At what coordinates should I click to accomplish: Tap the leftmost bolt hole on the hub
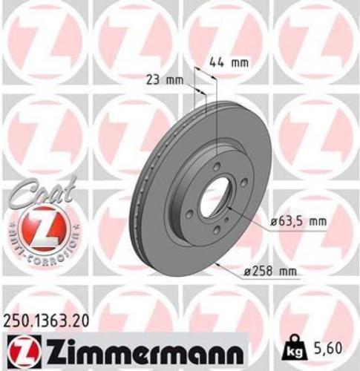[x=192, y=211]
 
